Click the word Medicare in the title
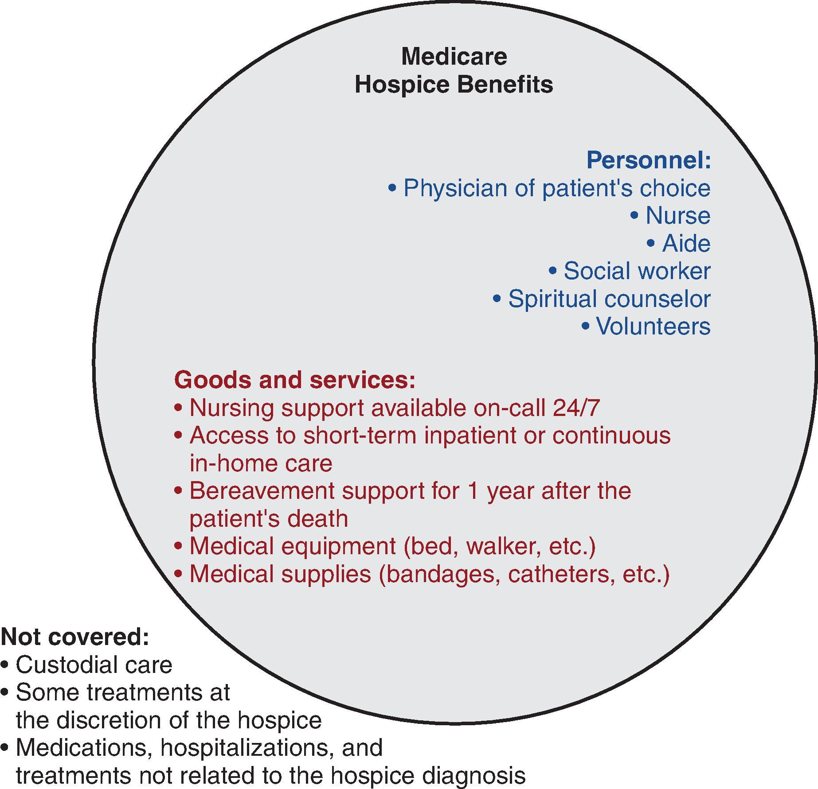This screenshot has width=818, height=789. pyautogui.click(x=454, y=57)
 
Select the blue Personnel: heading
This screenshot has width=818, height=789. pyautogui.click(x=649, y=160)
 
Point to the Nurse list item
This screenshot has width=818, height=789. pyautogui.click(x=678, y=216)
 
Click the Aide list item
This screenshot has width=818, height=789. pyautogui.click(x=686, y=244)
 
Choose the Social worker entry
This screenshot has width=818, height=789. pyautogui.click(x=637, y=271)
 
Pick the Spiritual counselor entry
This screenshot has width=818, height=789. pyautogui.click(x=609, y=299)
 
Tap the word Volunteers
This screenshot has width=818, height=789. pyautogui.click(x=653, y=326)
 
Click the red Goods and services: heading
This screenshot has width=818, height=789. pyautogui.click(x=295, y=380)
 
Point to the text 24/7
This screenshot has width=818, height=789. pyautogui.click(x=576, y=408)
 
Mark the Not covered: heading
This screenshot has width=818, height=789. pyautogui.click(x=75, y=637)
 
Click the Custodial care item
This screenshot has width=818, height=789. pyautogui.click(x=94, y=665)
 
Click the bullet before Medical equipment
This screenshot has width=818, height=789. pyautogui.click(x=178, y=546)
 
